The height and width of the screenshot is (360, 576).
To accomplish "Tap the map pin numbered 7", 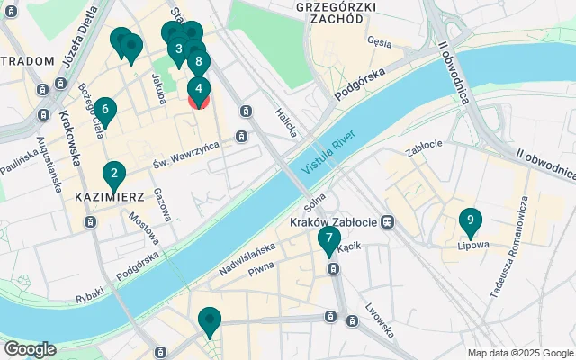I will (329, 239).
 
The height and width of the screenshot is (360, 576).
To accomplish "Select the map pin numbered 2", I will (113, 174).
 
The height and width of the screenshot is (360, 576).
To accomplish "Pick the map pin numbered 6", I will (105, 112).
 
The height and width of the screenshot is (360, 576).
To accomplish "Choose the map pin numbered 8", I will (198, 62).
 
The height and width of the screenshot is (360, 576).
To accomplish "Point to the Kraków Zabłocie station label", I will (334, 221).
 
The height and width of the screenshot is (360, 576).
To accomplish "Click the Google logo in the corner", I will (30, 348).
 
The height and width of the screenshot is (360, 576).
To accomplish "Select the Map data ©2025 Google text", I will (519, 353).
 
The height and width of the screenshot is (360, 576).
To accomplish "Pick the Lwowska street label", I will (380, 319).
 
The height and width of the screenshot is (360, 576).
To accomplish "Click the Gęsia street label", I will (379, 41).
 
